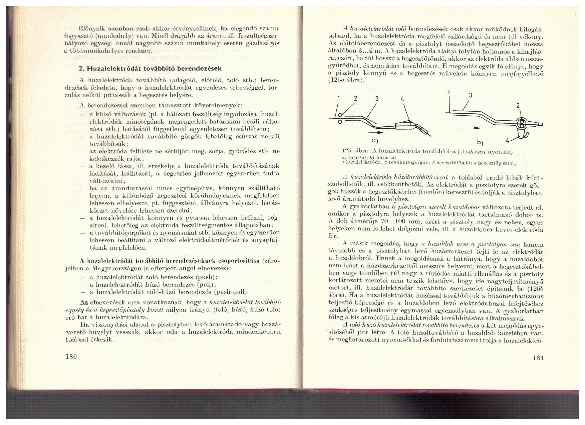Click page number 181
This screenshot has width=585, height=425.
pos(538,358)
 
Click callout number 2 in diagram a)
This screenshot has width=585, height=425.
pos(355,99)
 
